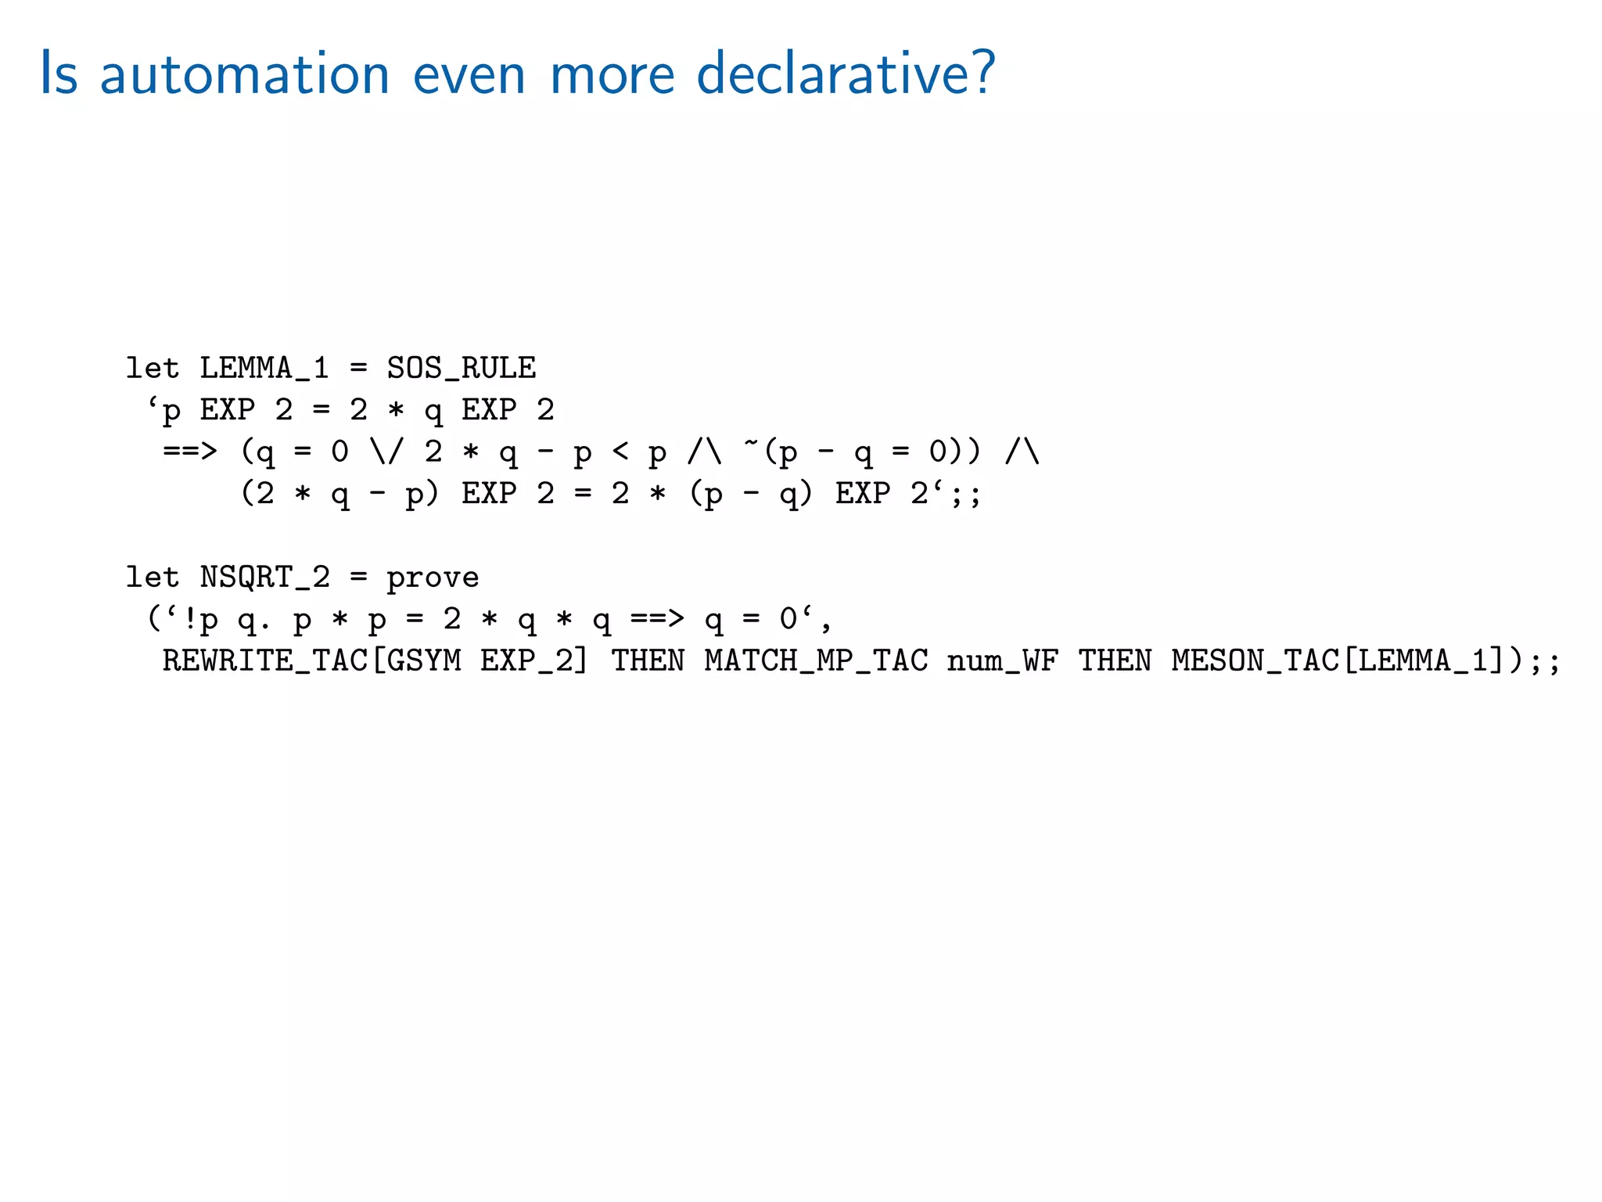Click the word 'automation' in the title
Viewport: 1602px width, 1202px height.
(244, 74)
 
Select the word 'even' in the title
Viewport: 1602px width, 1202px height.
(469, 74)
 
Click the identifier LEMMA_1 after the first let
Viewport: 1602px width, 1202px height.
(264, 368)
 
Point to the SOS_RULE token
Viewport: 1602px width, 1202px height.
(462, 368)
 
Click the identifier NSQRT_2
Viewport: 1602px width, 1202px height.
(264, 578)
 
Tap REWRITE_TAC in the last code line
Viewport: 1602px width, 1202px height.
(264, 661)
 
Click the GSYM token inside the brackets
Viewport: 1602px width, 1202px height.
(423, 661)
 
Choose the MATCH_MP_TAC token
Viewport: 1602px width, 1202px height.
(816, 661)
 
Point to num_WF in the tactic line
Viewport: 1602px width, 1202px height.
(1002, 661)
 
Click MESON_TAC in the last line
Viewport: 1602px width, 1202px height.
(1255, 661)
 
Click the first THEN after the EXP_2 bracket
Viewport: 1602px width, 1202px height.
(648, 661)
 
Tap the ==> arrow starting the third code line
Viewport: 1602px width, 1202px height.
(189, 452)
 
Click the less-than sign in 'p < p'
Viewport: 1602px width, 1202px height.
(620, 452)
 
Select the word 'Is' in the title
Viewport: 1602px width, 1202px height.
(59, 74)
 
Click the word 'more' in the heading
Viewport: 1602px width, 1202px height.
(612, 74)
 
